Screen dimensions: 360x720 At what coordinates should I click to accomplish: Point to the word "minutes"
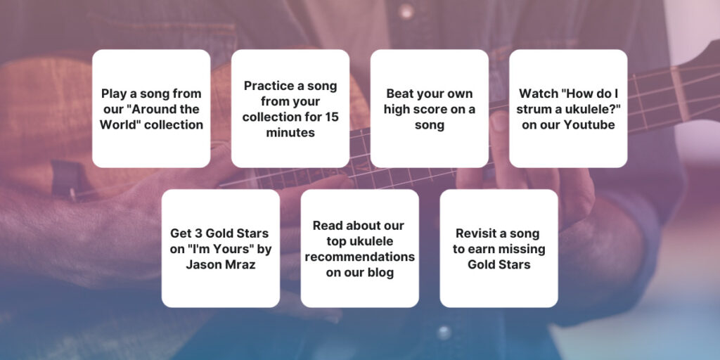(290, 132)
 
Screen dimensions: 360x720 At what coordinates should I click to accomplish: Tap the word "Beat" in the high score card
(400, 94)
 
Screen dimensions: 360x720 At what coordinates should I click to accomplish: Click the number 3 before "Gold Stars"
(200, 233)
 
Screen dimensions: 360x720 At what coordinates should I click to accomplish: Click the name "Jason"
(203, 264)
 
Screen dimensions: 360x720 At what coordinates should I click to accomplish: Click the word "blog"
(378, 272)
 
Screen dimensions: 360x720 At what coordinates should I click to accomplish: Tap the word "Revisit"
(478, 233)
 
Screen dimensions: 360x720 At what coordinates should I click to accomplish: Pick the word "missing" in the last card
(522, 249)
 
